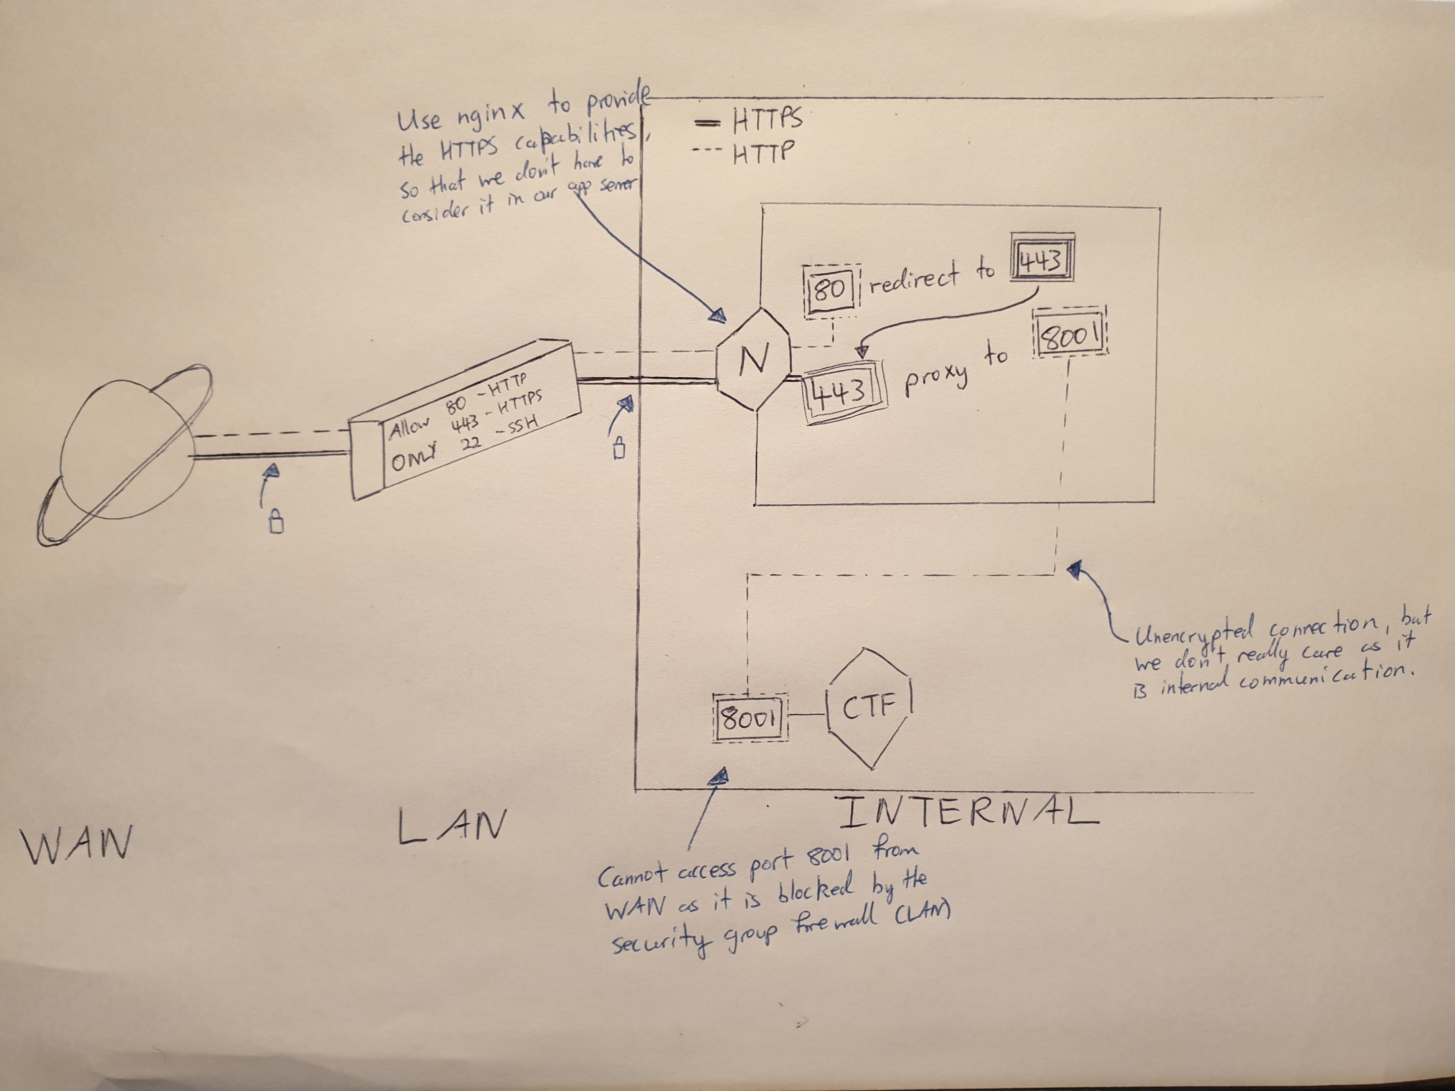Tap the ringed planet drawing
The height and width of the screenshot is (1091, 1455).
125,454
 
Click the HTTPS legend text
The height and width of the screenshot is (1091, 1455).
766,120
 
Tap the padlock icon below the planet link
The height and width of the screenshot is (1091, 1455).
277,523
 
